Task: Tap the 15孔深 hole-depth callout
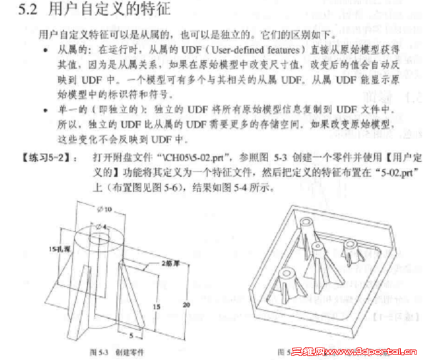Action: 61,248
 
